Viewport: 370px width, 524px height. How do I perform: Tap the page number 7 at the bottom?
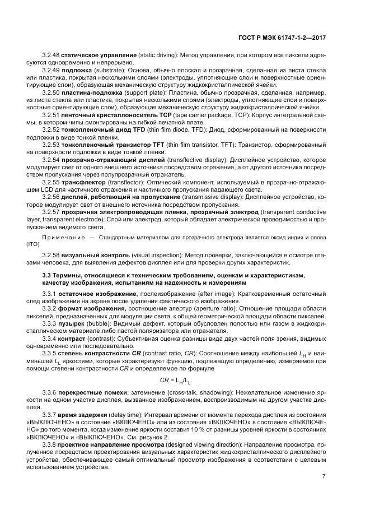[324, 476]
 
